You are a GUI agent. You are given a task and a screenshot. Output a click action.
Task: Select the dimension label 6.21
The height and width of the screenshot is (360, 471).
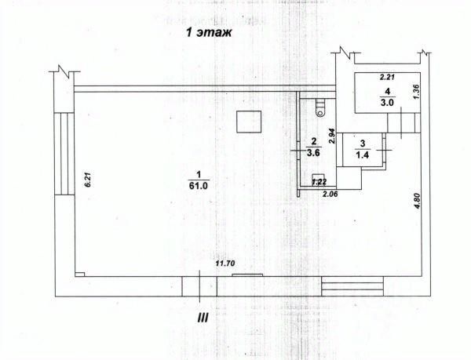(89, 181)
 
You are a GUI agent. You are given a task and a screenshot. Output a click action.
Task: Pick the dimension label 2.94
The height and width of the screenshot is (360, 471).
(332, 135)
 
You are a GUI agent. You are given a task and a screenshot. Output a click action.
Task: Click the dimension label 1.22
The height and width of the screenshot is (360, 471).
(319, 182)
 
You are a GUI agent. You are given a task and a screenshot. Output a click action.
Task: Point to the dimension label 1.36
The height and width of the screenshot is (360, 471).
(418, 91)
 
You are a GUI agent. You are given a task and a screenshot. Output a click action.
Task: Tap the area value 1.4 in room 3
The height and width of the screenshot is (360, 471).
(363, 155)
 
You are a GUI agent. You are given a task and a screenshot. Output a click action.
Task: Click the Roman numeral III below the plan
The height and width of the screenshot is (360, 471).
(203, 317)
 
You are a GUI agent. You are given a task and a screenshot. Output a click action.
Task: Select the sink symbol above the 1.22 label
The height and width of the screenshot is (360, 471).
(319, 175)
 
